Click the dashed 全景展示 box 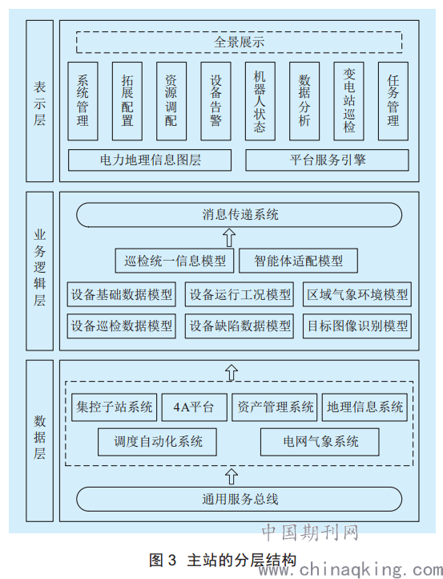point(239,42)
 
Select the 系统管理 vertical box point(83,101)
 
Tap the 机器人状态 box point(260,101)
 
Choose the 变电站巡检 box point(349,101)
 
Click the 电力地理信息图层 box point(150,160)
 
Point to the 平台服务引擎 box point(327,160)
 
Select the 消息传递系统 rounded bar point(239,215)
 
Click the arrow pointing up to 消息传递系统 point(230,237)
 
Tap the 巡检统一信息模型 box point(175,261)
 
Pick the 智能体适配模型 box point(299,261)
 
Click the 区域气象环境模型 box point(357,294)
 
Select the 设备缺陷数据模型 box point(240,326)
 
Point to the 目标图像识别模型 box point(357,326)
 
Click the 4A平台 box point(195,407)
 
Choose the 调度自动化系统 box point(157,442)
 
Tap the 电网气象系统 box point(320,442)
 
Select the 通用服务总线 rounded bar point(239,500)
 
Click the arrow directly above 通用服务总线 point(232,476)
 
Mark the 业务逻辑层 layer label point(39,271)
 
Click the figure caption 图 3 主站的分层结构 point(223,560)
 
